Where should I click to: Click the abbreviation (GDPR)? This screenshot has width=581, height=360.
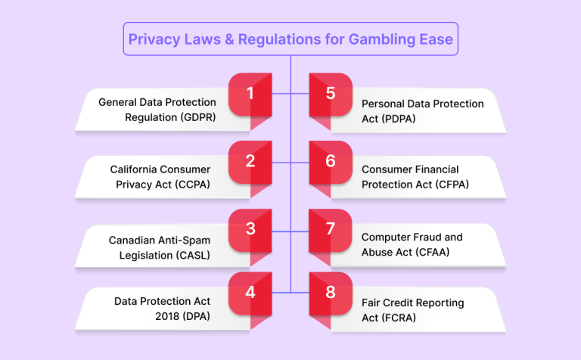pyautogui.click(x=198, y=117)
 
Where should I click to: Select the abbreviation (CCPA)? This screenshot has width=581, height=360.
pyautogui.click(x=192, y=185)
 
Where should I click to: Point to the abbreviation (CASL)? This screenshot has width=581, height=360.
pyautogui.click(x=193, y=255)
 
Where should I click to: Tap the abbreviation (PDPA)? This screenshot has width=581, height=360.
pyautogui.click(x=398, y=119)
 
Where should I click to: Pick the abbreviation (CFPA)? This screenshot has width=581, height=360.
pyautogui.click(x=452, y=185)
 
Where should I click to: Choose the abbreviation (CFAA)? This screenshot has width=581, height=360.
pyautogui.click(x=433, y=252)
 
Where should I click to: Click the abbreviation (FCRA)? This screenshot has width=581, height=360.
pyautogui.click(x=399, y=318)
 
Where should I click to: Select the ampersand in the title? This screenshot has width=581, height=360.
pyautogui.click(x=229, y=39)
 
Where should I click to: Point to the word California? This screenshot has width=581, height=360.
pyautogui.click(x=134, y=169)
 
